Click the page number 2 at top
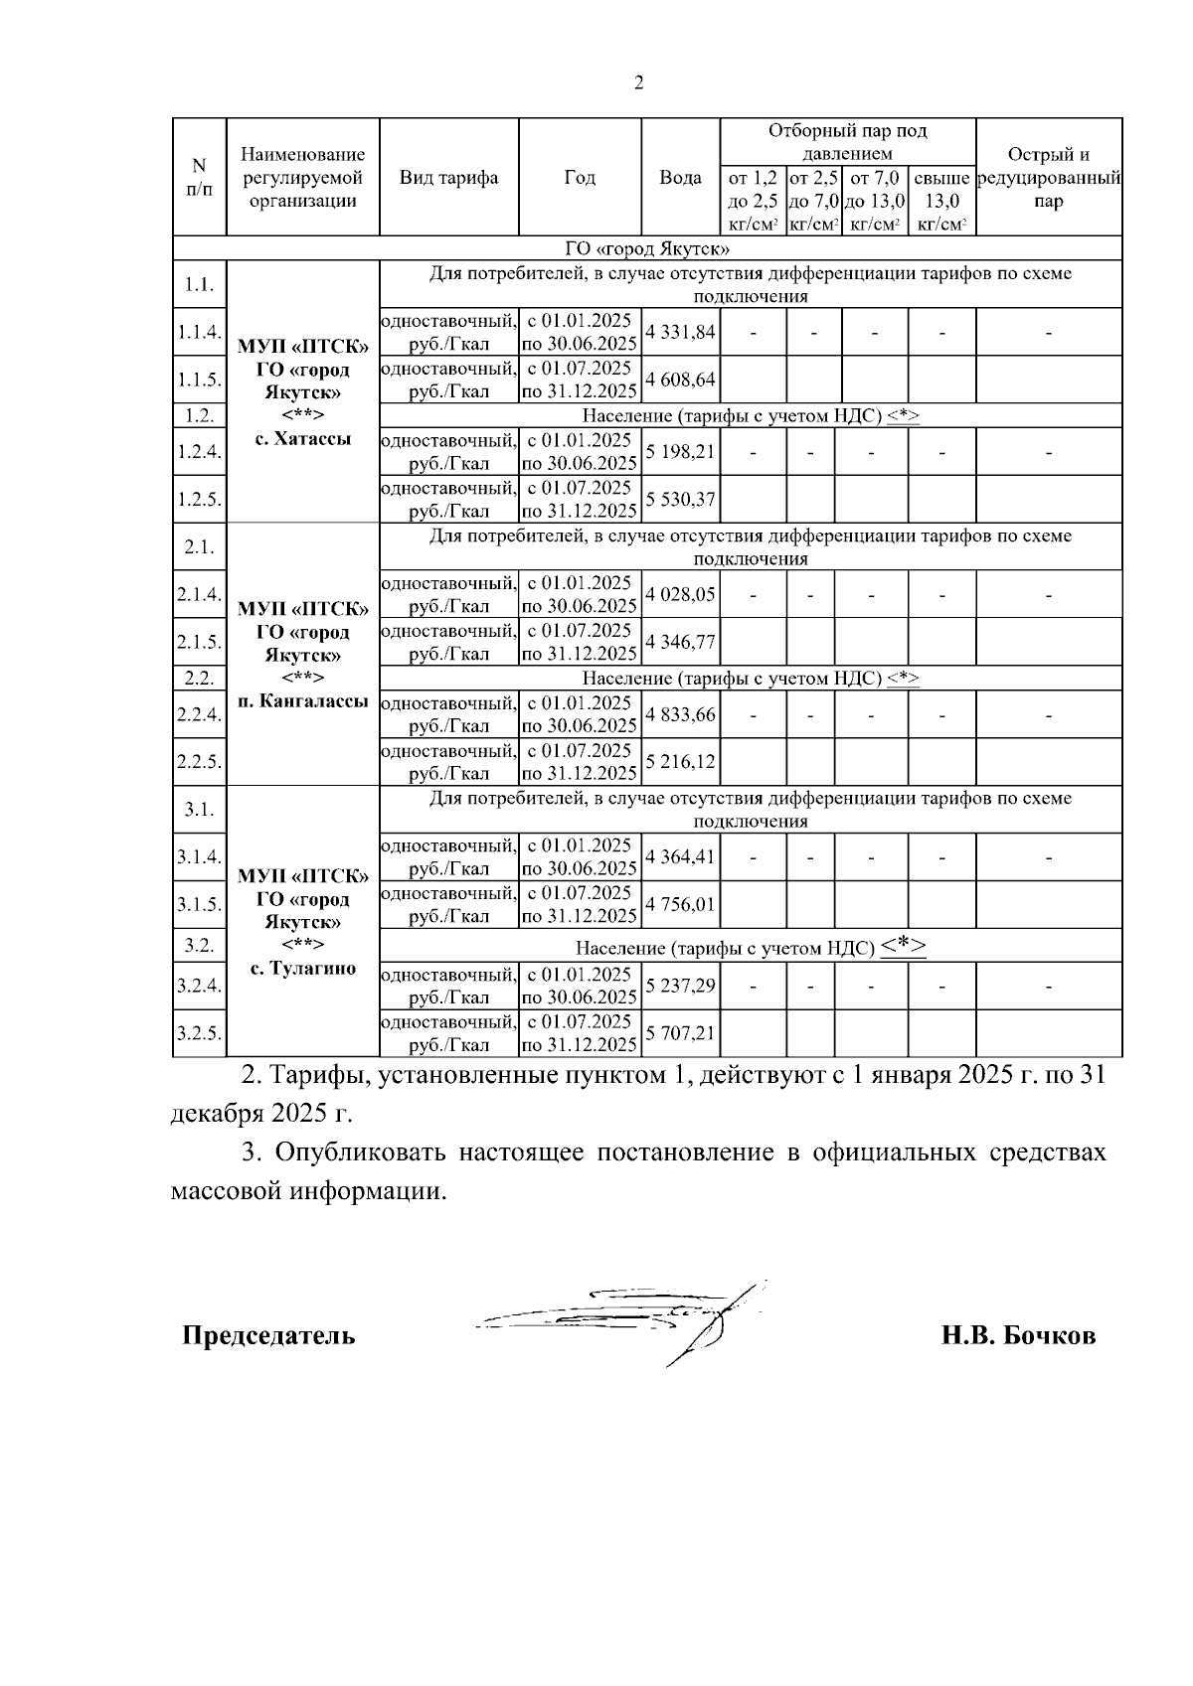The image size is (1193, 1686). pyautogui.click(x=638, y=83)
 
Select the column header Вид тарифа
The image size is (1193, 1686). pyautogui.click(x=448, y=178)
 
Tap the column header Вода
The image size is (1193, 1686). pyautogui.click(x=680, y=178)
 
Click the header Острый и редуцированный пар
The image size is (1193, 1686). pyautogui.click(x=1049, y=178)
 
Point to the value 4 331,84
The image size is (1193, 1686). pyautogui.click(x=680, y=332)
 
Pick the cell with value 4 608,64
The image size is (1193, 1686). pyautogui.click(x=680, y=380)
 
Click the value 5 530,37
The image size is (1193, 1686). pyautogui.click(x=680, y=499)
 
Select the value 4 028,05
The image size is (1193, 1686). pyautogui.click(x=680, y=594)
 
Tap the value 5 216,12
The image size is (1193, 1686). pyautogui.click(x=680, y=761)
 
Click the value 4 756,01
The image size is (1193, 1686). pyautogui.click(x=680, y=904)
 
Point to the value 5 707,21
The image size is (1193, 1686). pyautogui.click(x=680, y=1033)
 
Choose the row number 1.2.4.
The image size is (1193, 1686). pyautogui.click(x=199, y=452)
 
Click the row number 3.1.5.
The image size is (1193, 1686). pyautogui.click(x=199, y=905)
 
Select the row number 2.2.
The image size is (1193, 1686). pyautogui.click(x=199, y=679)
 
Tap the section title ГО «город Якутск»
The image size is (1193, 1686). pyautogui.click(x=647, y=248)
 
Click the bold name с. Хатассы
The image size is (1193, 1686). pyautogui.click(x=303, y=438)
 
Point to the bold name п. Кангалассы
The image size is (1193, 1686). pyautogui.click(x=303, y=701)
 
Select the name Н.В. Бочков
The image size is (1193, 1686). pyautogui.click(x=1018, y=1335)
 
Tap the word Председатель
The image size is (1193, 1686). pyautogui.click(x=268, y=1335)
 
